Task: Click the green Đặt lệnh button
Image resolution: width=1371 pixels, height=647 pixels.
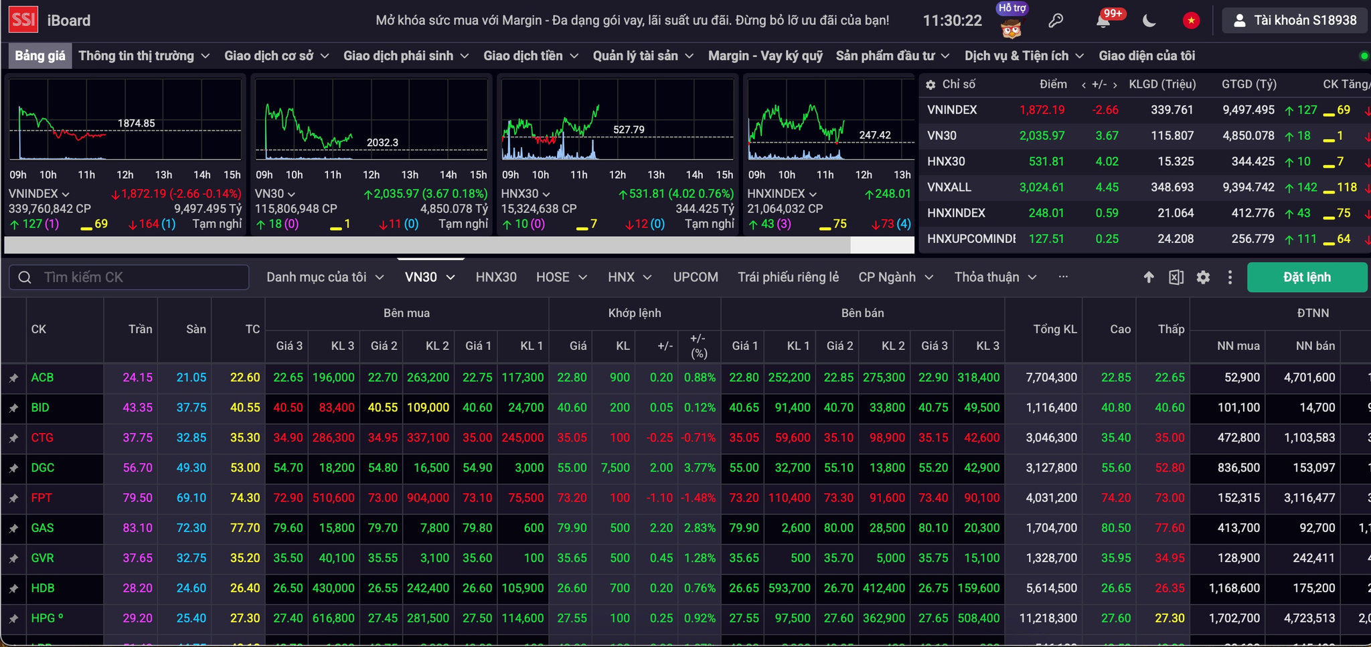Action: pyautogui.click(x=1307, y=277)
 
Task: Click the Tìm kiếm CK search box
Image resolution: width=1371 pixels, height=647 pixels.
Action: pyautogui.click(x=129, y=277)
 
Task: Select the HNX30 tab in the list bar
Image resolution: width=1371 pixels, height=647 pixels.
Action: pyautogui.click(x=496, y=277)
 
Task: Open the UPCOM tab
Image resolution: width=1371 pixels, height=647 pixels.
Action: pyautogui.click(x=696, y=277)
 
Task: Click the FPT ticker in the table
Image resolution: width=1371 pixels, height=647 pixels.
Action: pyautogui.click(x=42, y=498)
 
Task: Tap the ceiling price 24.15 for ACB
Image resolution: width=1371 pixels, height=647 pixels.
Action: pyautogui.click(x=137, y=377)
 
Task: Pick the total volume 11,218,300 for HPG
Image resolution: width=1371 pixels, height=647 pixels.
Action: pyautogui.click(x=1048, y=618)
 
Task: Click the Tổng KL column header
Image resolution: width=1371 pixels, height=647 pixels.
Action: pyautogui.click(x=1055, y=329)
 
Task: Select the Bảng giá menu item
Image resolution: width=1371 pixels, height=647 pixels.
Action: pyautogui.click(x=40, y=56)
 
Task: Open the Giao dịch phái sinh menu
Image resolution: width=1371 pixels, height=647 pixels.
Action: pyautogui.click(x=406, y=56)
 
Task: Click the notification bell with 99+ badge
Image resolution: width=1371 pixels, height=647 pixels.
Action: pyautogui.click(x=1104, y=20)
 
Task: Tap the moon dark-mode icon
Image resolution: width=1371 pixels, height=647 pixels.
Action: pyautogui.click(x=1149, y=21)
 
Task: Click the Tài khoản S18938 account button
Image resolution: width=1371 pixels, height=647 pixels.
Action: pyautogui.click(x=1295, y=20)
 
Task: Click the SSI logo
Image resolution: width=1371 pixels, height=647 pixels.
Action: pyautogui.click(x=23, y=19)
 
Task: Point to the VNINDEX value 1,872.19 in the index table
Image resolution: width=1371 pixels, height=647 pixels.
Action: pyautogui.click(x=1042, y=110)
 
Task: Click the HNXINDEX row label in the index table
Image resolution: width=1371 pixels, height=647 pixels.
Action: pyautogui.click(x=956, y=213)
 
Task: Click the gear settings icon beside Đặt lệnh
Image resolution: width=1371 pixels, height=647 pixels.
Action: pyautogui.click(x=1203, y=277)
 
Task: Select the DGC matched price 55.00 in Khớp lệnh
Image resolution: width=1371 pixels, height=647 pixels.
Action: pyautogui.click(x=572, y=468)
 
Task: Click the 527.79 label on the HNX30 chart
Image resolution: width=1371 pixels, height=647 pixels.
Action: pyautogui.click(x=629, y=129)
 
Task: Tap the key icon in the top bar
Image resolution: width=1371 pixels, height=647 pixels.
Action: pyautogui.click(x=1056, y=21)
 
